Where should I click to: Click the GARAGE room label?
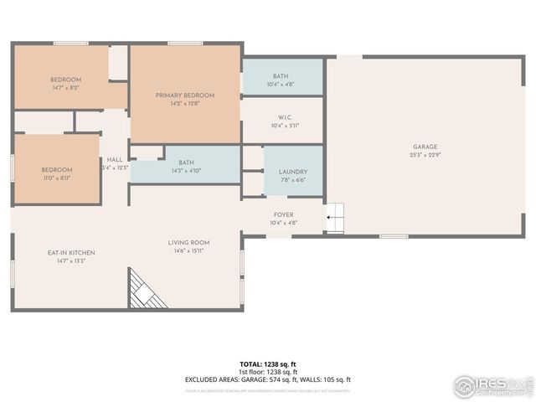point(425,146)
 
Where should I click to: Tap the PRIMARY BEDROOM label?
point(185,95)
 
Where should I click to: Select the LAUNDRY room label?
point(292,172)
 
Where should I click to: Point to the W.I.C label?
point(284,117)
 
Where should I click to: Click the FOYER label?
point(283,214)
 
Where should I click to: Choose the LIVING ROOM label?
point(191,243)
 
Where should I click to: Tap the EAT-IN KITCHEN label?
point(70,252)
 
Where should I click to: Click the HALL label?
point(115,160)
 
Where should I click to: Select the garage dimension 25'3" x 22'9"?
point(425,155)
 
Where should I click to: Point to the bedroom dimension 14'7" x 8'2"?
point(64,88)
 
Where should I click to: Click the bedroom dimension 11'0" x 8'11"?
point(57,178)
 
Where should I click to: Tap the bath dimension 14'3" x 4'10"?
point(186,171)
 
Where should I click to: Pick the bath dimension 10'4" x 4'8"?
point(280,85)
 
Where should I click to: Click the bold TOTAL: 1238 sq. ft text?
point(268,364)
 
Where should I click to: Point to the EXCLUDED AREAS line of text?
point(268,379)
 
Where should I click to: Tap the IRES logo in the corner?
point(492,386)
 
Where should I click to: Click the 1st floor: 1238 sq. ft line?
point(268,372)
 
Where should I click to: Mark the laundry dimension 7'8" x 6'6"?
point(292,180)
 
